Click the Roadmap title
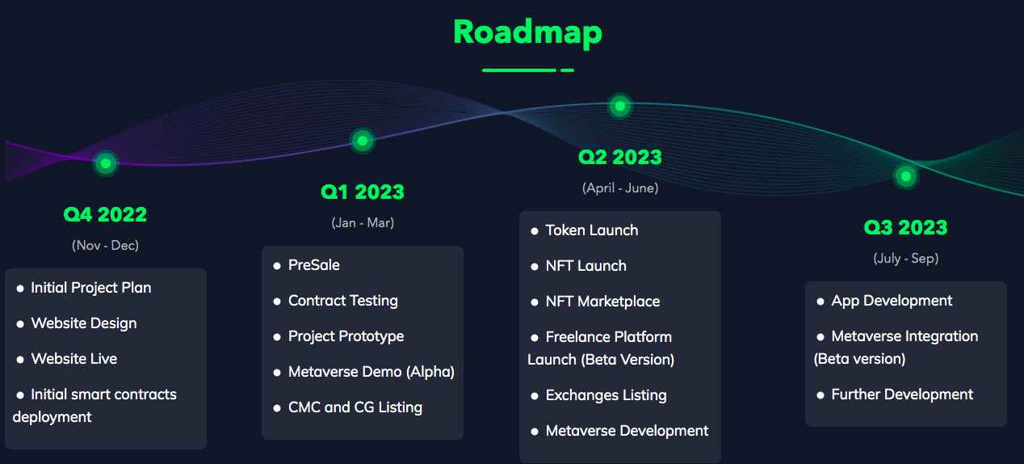[x=527, y=32]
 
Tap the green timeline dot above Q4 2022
[x=106, y=163]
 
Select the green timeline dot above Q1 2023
[x=363, y=141]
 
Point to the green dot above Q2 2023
[x=620, y=106]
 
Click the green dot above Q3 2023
[x=905, y=176]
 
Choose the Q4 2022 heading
[x=105, y=214]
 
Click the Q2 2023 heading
[x=620, y=158]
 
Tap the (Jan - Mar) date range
[x=363, y=223]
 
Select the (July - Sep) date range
[x=905, y=258]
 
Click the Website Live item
[x=74, y=359]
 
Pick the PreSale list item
[x=314, y=265]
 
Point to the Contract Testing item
[x=343, y=301]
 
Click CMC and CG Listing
[x=355, y=407]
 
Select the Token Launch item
[x=592, y=230]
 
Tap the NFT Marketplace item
[x=602, y=302]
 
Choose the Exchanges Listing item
[x=606, y=395]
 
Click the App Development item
[x=892, y=301]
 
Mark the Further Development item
[x=902, y=394]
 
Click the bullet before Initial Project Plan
[x=20, y=289]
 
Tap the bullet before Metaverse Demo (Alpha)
[x=277, y=373]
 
